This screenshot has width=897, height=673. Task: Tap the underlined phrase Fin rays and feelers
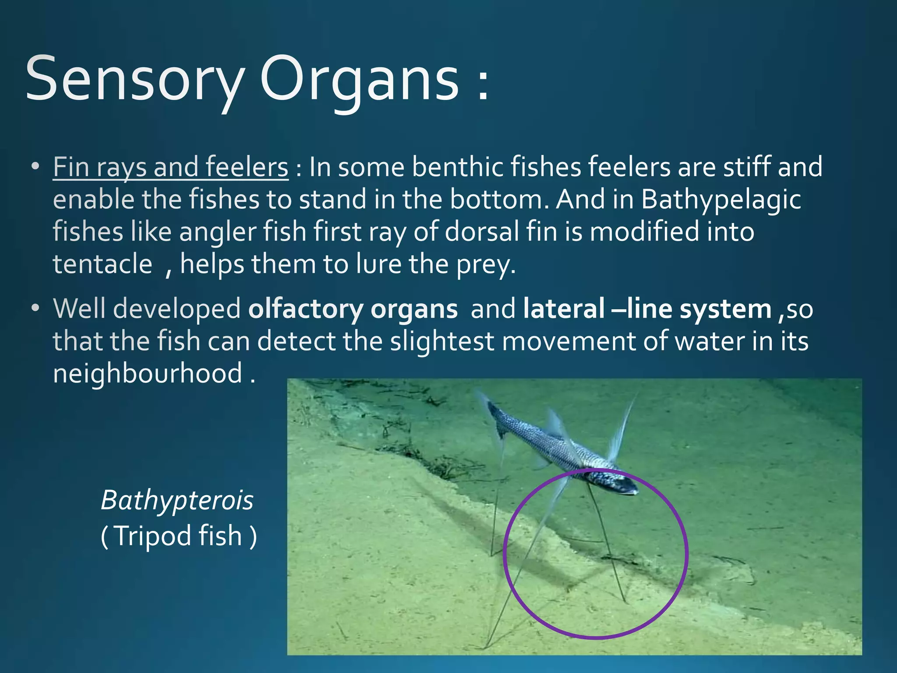tap(170, 167)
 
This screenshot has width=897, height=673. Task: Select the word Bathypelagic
tap(721, 200)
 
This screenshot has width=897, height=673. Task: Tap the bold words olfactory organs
tap(353, 309)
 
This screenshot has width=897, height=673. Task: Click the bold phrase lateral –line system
tap(647, 309)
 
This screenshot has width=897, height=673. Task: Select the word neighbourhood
tap(148, 373)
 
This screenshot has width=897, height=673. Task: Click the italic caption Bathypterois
tap(177, 500)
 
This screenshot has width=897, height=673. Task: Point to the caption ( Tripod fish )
tap(179, 536)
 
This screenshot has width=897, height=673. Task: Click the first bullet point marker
tap(35, 167)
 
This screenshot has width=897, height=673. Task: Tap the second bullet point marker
tap(35, 308)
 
